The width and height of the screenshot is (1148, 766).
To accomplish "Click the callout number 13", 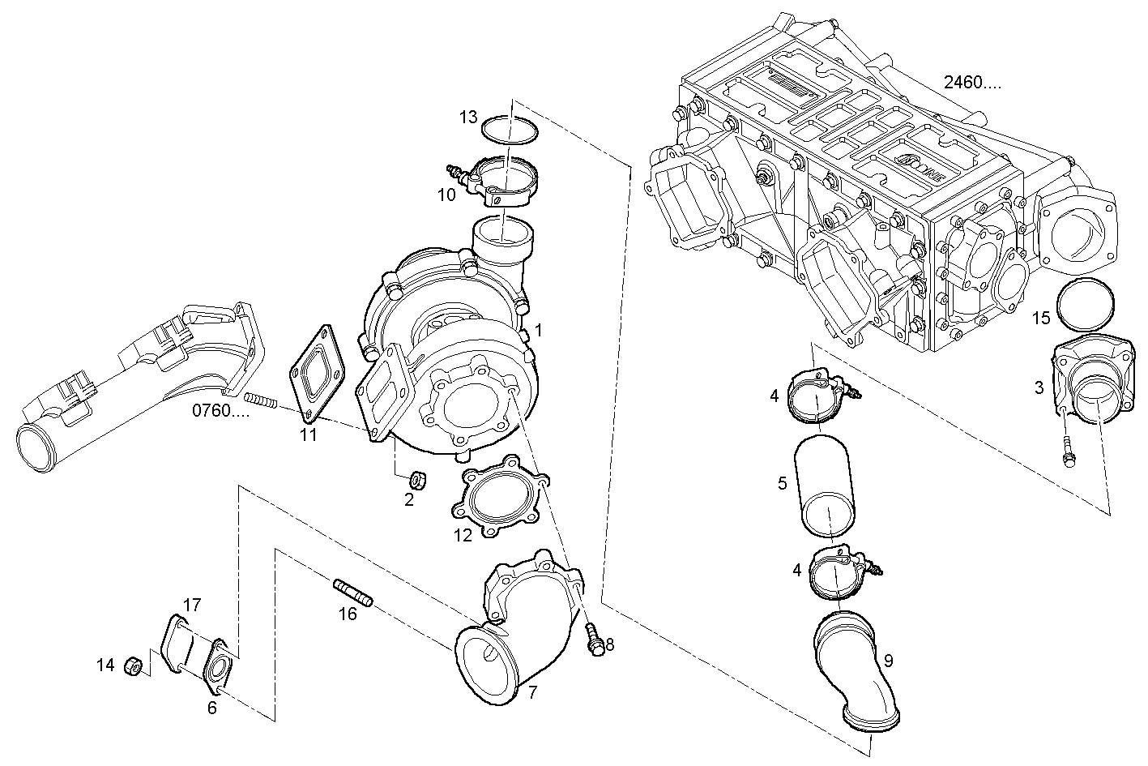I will pyautogui.click(x=468, y=118).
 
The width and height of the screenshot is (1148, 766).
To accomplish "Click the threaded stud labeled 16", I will pyautogui.click(x=352, y=590).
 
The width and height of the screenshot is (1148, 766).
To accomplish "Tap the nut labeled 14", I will pyautogui.click(x=134, y=666).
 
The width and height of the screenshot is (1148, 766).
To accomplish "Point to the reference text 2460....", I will pyautogui.click(x=971, y=83).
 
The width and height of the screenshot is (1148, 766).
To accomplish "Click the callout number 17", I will pyautogui.click(x=191, y=605).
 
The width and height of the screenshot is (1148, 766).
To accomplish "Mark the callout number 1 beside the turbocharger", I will pyautogui.click(x=538, y=331).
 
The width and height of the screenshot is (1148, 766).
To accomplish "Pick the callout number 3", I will pyautogui.click(x=1039, y=387).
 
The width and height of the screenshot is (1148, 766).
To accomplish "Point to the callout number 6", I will pyautogui.click(x=211, y=708).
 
